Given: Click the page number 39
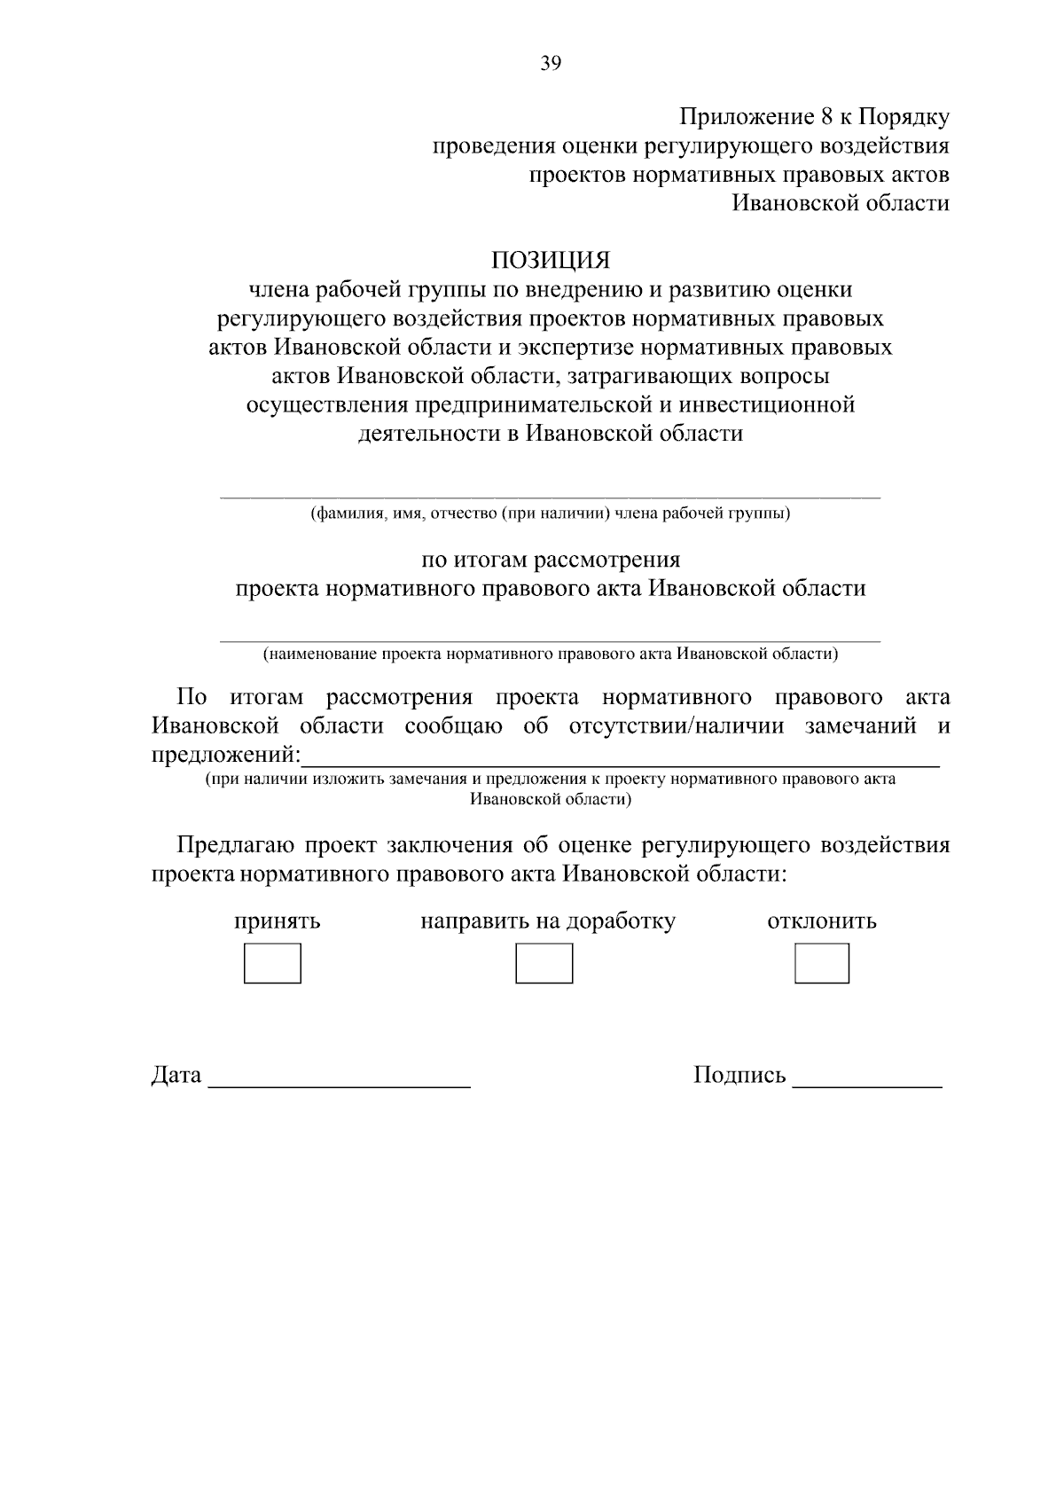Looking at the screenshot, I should tap(551, 63).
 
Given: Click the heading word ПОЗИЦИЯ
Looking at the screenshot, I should tap(551, 261).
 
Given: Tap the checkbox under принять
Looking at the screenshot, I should tap(272, 963).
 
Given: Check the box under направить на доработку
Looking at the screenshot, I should tap(544, 963).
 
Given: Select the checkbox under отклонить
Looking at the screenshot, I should tap(821, 963).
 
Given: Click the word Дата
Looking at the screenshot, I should tap(176, 1076).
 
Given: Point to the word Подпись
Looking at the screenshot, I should tap(739, 1076).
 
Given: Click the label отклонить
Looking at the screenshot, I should tap(821, 921).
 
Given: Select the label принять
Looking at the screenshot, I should tap(277, 921).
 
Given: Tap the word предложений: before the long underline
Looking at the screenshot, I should tap(226, 756).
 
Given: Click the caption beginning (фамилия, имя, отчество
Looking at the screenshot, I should tap(550, 513).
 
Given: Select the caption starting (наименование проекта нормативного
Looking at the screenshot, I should tap(550, 655).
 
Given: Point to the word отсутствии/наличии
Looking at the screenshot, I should tap(676, 726).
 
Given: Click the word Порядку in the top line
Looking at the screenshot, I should tap(905, 118).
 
